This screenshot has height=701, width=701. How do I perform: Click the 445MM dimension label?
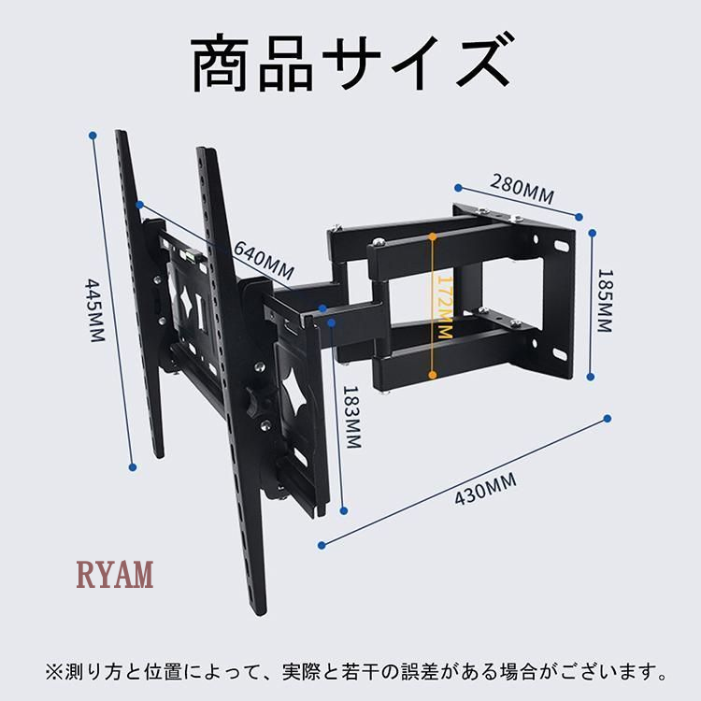(x=94, y=310)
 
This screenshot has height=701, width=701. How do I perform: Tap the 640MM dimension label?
(x=264, y=260)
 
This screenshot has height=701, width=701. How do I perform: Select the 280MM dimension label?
(x=522, y=189)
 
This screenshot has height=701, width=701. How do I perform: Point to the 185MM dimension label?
(x=605, y=300)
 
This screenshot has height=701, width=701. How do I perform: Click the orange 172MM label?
(x=445, y=308)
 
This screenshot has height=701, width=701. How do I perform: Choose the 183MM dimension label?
(x=351, y=417)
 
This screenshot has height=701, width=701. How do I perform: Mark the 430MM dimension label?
(x=485, y=489)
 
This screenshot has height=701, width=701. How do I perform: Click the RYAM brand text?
(x=115, y=574)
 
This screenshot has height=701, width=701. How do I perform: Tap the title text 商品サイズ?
(x=350, y=63)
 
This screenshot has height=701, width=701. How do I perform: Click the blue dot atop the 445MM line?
(x=93, y=135)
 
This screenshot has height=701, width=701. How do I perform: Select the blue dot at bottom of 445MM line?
(x=133, y=467)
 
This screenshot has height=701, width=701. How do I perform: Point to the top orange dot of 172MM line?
(x=433, y=236)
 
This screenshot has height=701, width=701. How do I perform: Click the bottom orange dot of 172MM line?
(x=433, y=375)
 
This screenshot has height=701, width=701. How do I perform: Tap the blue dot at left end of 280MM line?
(x=458, y=188)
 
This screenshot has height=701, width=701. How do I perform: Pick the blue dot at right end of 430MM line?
(x=608, y=419)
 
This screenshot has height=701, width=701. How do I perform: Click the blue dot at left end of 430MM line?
(x=322, y=546)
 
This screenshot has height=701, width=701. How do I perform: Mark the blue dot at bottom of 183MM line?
(x=344, y=510)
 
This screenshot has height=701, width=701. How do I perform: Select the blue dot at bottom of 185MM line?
(x=591, y=377)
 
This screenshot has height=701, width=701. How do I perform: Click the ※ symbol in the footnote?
(x=53, y=671)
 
